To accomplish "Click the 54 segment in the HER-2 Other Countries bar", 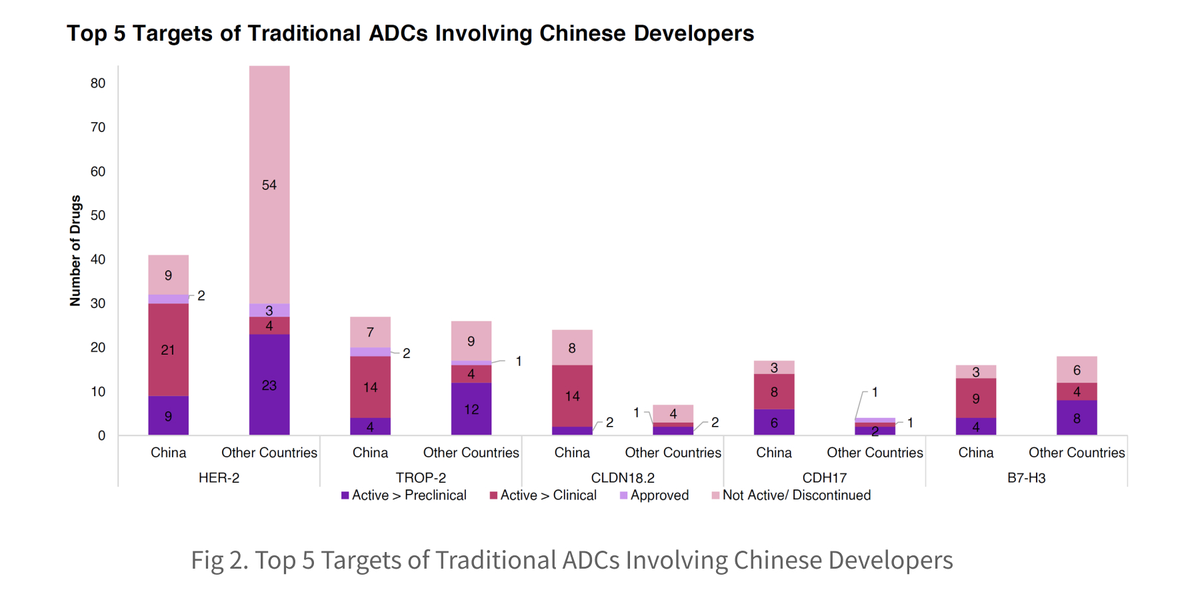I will (x=269, y=185).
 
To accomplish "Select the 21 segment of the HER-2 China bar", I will (x=168, y=349).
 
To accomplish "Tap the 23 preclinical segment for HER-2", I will (x=269, y=385).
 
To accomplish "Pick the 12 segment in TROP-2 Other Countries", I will (x=471, y=409).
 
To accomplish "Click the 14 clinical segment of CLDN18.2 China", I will (x=572, y=396).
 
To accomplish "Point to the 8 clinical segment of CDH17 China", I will (x=774, y=391).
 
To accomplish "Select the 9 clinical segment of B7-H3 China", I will (x=976, y=398).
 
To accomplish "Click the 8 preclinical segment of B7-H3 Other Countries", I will (x=1077, y=418).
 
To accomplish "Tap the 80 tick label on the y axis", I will (x=98, y=83).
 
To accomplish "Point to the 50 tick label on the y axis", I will (x=98, y=215).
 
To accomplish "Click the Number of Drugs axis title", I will (x=75, y=251).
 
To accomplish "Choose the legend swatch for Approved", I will (x=623, y=495).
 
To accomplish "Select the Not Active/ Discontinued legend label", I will (x=797, y=495).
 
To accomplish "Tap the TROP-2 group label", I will (x=421, y=477).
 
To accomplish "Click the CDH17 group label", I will (x=825, y=477).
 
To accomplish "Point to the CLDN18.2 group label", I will (x=623, y=477).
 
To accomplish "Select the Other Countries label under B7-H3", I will (x=1077, y=453).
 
